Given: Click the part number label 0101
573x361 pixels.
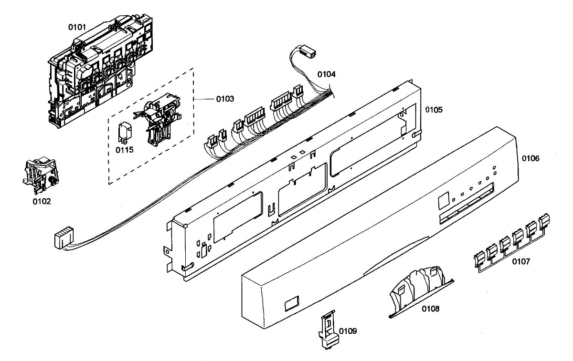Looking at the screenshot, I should click(x=77, y=27).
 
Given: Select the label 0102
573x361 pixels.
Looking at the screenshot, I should click(x=42, y=201).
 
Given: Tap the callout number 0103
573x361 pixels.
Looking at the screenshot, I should click(x=225, y=99).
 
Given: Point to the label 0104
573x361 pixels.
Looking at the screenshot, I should click(x=327, y=74).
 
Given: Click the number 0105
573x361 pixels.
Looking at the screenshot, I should click(x=434, y=110).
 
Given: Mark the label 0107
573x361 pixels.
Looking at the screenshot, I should click(x=521, y=261).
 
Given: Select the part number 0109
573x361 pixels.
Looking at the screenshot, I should click(x=348, y=330).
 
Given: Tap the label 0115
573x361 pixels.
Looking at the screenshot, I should click(x=124, y=149).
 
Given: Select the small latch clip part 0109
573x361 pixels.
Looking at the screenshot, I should click(x=329, y=329).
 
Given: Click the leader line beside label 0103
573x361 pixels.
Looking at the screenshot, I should click(x=204, y=99).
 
